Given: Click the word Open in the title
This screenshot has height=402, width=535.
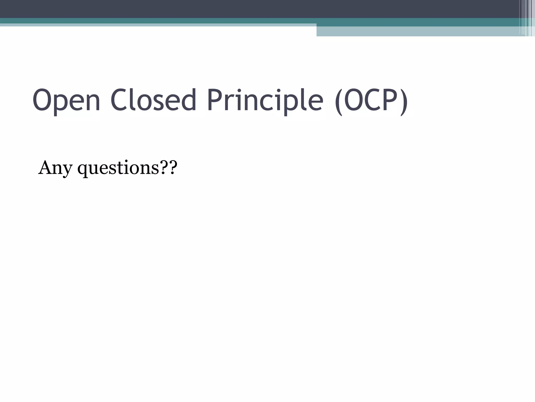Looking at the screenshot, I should pyautogui.click(x=66, y=100).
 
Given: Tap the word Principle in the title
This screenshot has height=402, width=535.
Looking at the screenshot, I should pyautogui.click(x=265, y=100).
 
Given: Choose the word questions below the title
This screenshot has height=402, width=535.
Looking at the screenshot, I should pyautogui.click(x=118, y=168).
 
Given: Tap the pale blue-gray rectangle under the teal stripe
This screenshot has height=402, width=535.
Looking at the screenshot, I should pyautogui.click(x=418, y=31).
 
